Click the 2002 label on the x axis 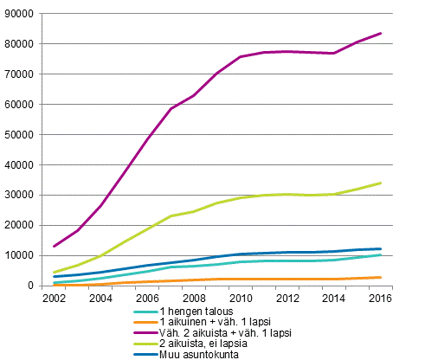click(x=54, y=298)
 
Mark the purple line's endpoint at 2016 click(x=381, y=34)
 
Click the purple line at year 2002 click(x=54, y=246)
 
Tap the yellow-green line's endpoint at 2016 click(x=381, y=183)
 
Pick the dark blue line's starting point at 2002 click(x=54, y=277)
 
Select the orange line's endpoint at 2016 click(x=381, y=277)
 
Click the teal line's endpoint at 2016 click(x=381, y=254)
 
